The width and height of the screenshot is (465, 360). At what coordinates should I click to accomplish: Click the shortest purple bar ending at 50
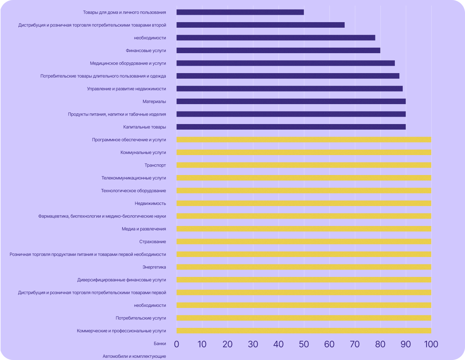click(x=240, y=12)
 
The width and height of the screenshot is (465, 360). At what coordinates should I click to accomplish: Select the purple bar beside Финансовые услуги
click(x=278, y=51)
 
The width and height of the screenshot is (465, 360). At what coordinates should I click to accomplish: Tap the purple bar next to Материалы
click(x=291, y=102)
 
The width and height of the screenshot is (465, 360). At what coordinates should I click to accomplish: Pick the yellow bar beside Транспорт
click(x=304, y=165)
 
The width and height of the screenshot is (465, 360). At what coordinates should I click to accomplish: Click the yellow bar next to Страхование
click(x=304, y=241)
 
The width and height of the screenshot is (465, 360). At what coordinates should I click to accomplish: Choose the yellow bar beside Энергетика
click(x=304, y=267)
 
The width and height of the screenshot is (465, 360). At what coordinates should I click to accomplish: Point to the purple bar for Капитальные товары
click(x=291, y=127)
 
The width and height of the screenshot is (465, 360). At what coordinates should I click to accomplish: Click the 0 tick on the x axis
click(x=176, y=344)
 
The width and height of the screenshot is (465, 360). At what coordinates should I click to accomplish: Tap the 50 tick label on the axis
click(x=304, y=344)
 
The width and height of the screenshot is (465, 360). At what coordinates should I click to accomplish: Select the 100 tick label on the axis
click(x=431, y=344)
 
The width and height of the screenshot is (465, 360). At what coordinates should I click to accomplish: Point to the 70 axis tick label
click(x=355, y=344)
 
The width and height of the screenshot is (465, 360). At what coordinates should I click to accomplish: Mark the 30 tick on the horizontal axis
click(x=253, y=344)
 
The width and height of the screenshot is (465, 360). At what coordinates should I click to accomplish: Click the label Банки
click(x=160, y=343)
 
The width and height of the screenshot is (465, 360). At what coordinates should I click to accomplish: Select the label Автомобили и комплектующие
click(x=134, y=356)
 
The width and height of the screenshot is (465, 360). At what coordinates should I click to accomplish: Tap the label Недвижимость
click(x=150, y=203)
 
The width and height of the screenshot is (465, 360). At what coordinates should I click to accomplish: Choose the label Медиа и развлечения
click(x=144, y=229)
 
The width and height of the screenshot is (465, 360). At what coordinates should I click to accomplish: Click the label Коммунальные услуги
click(x=143, y=152)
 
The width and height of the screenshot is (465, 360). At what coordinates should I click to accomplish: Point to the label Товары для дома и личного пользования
click(x=124, y=12)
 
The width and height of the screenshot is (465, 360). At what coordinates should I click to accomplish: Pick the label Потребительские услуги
click(x=141, y=318)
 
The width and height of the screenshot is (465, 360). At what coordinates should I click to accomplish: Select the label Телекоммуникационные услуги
click(x=134, y=178)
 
